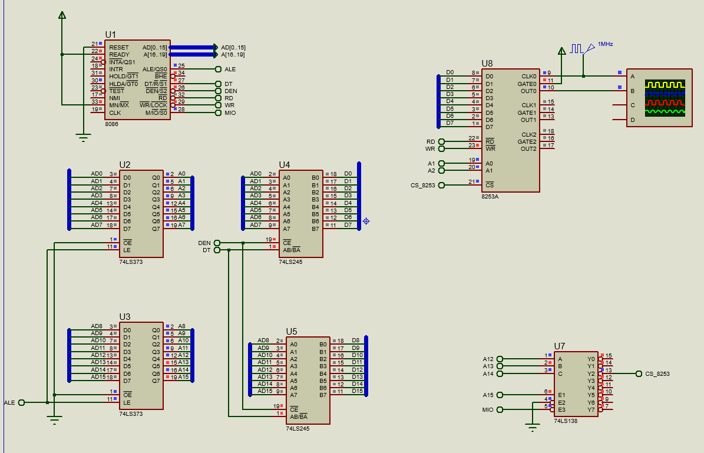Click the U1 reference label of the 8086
coord(110,35)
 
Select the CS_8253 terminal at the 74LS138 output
coord(657,373)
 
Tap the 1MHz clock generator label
coord(605,44)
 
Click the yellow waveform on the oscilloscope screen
coord(665,85)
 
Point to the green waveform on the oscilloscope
coord(665,110)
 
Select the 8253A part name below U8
coord(490,196)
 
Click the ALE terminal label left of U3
coord(9,403)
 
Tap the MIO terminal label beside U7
coord(487,409)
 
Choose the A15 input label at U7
coord(488,395)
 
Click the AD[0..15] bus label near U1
coord(233,47)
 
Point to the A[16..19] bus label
coord(233,55)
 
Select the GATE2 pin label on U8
coord(527,141)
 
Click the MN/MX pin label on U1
coord(119,105)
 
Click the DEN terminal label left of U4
coord(204,243)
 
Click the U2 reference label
coord(125,164)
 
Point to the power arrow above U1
coord(62,15)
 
